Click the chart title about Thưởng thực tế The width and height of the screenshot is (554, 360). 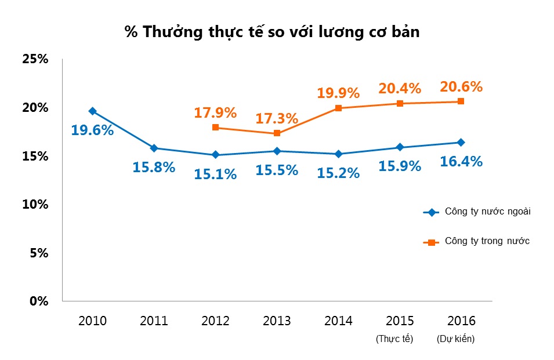coord(272,32)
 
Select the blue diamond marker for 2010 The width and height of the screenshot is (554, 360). coord(92,111)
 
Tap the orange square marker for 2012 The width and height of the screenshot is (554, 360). coord(216,128)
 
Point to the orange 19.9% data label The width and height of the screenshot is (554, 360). coord(338,93)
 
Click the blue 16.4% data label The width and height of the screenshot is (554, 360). coord(461,162)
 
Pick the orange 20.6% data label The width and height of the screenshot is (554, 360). coord(461,87)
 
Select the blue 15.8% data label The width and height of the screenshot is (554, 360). coord(154,168)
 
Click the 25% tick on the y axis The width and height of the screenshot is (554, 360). coord(34,60)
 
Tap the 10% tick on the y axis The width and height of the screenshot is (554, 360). coord(34,205)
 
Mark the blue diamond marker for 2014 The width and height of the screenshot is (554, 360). coord(338,154)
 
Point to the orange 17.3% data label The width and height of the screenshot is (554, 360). coord(277,119)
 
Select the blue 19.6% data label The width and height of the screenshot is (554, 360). coord(92,130)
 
